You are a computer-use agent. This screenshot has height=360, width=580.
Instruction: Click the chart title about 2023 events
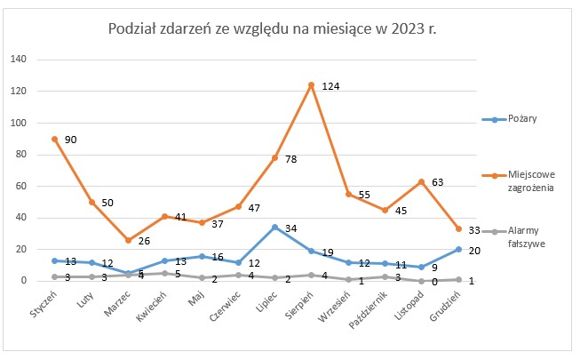[273, 28]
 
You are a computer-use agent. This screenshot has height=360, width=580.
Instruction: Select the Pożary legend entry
[509, 119]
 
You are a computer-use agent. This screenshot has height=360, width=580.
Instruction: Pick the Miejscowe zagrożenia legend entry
[518, 180]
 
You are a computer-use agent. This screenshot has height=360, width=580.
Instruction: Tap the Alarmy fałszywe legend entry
[513, 237]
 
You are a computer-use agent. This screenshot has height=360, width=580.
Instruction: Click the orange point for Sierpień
[312, 85]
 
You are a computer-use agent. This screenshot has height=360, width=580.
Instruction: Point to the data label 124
[330, 86]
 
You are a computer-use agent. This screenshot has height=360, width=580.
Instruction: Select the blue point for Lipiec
[274, 227]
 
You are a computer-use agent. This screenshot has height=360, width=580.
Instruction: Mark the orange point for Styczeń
[55, 140]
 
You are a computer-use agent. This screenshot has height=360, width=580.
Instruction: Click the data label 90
[71, 140]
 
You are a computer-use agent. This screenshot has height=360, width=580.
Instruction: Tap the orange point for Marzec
[129, 240]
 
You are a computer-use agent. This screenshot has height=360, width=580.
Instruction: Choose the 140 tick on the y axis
[19, 59]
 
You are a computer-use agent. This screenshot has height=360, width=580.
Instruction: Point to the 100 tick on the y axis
[19, 123]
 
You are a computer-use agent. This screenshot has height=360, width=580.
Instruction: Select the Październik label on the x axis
[368, 309]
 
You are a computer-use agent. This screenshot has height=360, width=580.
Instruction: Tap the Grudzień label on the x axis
[445, 306]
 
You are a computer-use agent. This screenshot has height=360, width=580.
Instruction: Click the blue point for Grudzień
[458, 249]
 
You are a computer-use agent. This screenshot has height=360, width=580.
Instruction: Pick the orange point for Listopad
[421, 182]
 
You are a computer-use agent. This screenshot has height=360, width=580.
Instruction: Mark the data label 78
[291, 159]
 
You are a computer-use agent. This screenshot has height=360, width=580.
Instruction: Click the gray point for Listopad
[421, 281]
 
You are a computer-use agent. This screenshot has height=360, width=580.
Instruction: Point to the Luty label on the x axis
[85, 300]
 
